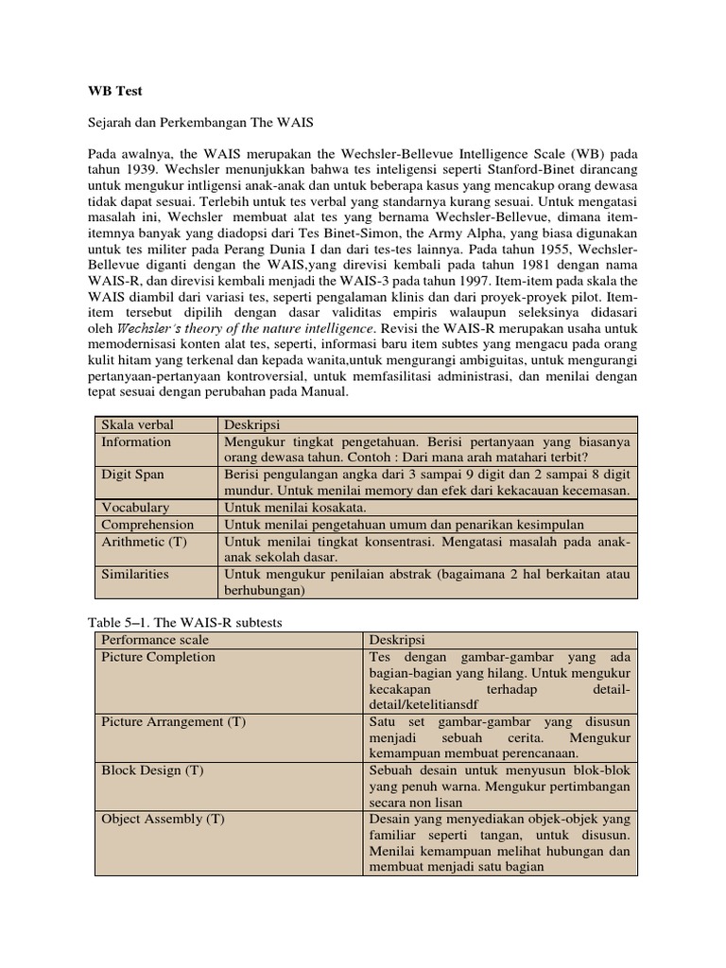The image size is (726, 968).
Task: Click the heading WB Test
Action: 114,92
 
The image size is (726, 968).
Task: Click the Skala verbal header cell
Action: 137,424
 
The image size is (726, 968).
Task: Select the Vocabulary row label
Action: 135,508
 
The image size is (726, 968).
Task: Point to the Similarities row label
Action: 135,574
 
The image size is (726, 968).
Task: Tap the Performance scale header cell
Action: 155,640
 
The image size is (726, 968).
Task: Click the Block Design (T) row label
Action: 152,770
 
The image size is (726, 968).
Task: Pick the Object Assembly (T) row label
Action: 163,820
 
